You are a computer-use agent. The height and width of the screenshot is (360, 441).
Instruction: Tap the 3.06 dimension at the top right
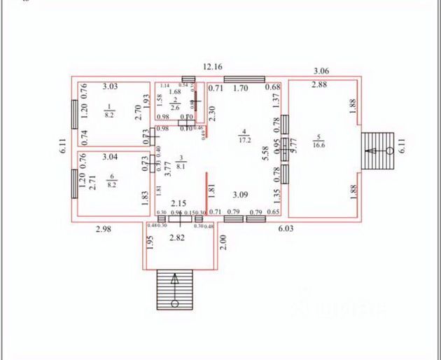(x=321, y=70)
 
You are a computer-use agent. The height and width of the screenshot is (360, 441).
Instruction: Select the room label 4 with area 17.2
(x=244, y=136)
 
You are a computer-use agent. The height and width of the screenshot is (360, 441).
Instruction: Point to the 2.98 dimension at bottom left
(x=103, y=228)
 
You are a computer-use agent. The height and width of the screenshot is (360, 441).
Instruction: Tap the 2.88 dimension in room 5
(x=319, y=85)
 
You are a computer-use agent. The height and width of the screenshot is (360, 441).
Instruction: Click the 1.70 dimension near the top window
(x=240, y=88)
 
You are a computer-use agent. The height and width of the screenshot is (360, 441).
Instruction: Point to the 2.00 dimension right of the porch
(x=223, y=242)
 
